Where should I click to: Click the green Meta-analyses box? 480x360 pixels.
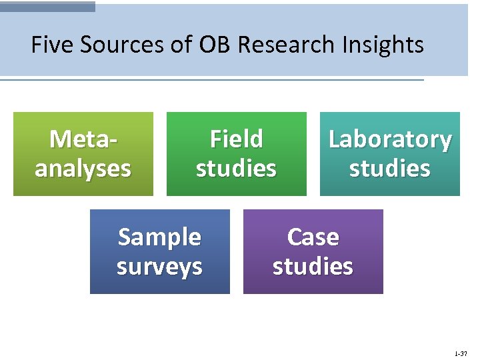[x=83, y=154]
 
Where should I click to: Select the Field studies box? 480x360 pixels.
[x=237, y=154]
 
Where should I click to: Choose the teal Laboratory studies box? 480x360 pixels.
[x=390, y=154]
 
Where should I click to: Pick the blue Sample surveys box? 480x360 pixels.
[x=160, y=251]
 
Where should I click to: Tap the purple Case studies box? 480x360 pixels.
[x=313, y=251]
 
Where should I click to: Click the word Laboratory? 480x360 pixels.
[x=390, y=140]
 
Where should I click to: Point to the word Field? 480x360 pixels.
[x=237, y=139]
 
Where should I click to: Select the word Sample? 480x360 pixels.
[x=159, y=237]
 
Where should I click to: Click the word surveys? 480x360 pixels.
[x=159, y=266]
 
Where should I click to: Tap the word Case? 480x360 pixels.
[x=313, y=237]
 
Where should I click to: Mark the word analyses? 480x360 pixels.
[x=83, y=169]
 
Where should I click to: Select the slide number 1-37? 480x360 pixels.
[x=461, y=353]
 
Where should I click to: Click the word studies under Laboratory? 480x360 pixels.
[x=390, y=169]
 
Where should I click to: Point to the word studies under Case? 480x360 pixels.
[x=313, y=266]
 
